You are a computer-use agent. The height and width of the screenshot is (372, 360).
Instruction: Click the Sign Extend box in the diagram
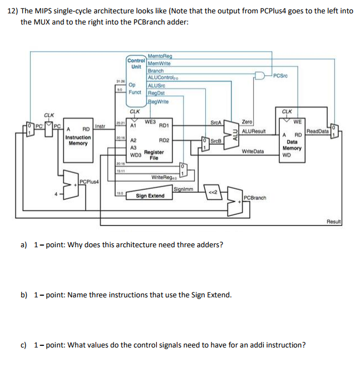(150, 196)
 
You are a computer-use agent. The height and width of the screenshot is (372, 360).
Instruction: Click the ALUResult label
(254, 131)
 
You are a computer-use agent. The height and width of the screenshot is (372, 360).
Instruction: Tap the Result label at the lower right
(334, 221)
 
